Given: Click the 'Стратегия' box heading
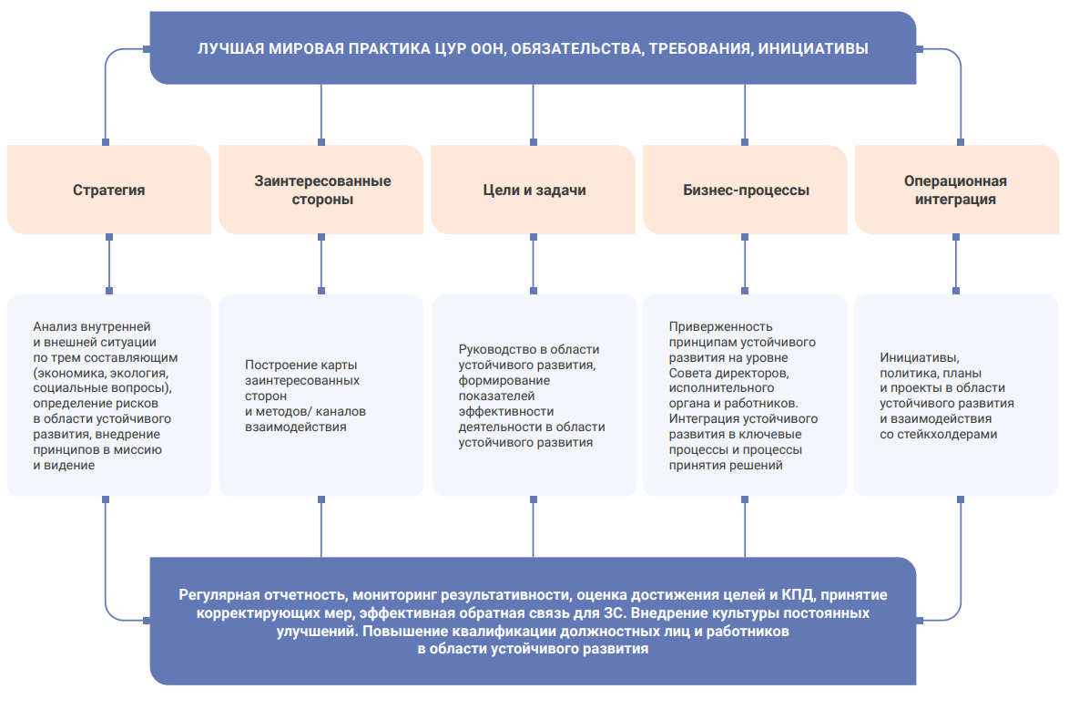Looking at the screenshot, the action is (x=109, y=190).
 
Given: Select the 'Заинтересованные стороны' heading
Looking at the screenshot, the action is (x=322, y=190).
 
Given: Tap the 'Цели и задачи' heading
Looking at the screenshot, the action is (x=534, y=190).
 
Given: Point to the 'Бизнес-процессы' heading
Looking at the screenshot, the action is (x=746, y=190).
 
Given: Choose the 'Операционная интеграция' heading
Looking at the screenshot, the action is (x=956, y=190).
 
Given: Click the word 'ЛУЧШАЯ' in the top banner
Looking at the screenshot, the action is (x=230, y=48).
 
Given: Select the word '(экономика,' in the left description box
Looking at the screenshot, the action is (x=69, y=373).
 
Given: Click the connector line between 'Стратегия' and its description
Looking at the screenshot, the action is (x=109, y=264).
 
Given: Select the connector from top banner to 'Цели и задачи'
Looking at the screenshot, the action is (x=534, y=113).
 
